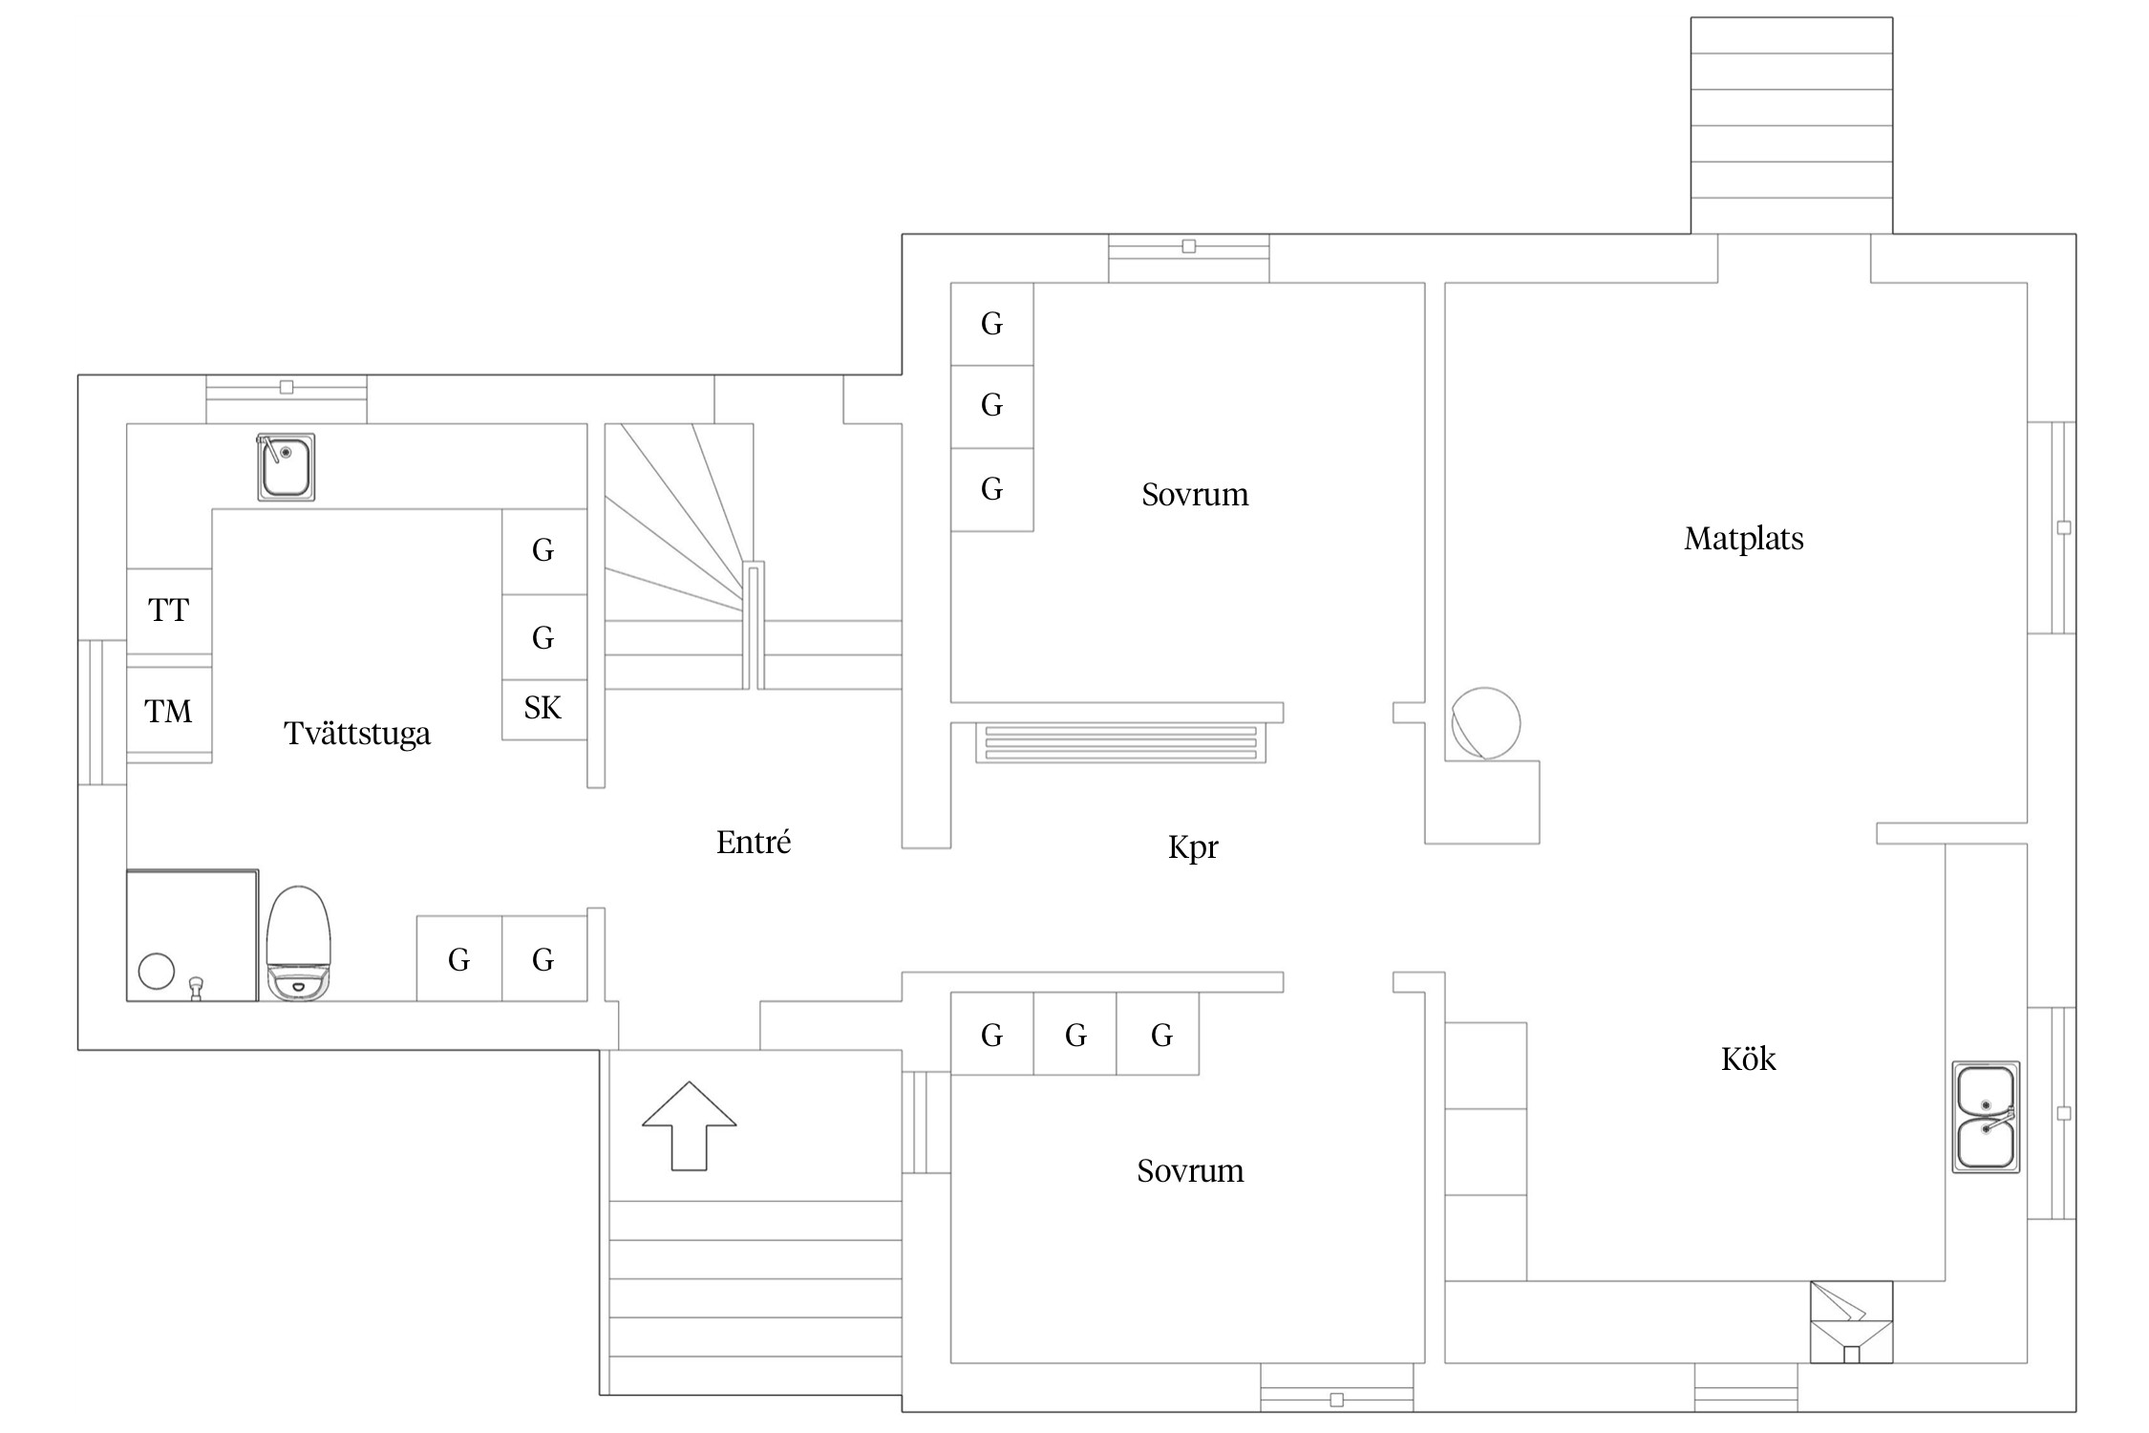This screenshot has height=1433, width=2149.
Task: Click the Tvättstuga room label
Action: (x=357, y=734)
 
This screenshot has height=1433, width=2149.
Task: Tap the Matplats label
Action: (x=1743, y=539)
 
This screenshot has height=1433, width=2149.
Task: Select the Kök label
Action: (x=1748, y=1059)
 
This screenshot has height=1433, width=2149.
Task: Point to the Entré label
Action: (x=754, y=843)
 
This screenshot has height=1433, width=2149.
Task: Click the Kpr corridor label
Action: (x=1193, y=847)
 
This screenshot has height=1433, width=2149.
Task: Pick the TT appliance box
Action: (x=169, y=610)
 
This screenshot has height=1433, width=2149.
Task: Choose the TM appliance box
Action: (x=169, y=712)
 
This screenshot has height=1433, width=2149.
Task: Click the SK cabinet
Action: (x=543, y=709)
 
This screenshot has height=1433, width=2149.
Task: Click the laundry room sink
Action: (x=286, y=466)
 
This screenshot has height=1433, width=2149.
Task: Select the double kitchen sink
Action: (x=1986, y=1116)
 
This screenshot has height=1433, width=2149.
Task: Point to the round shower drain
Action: (x=157, y=971)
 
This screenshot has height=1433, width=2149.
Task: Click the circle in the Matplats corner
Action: (x=1485, y=722)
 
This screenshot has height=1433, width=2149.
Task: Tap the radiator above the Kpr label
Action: (x=1120, y=743)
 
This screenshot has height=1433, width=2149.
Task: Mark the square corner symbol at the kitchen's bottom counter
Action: (x=1851, y=1321)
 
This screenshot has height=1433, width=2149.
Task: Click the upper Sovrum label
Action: (x=1195, y=495)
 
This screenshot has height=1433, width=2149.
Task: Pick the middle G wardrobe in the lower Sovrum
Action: (x=1075, y=1036)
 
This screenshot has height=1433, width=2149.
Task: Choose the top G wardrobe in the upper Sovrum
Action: (x=991, y=324)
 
